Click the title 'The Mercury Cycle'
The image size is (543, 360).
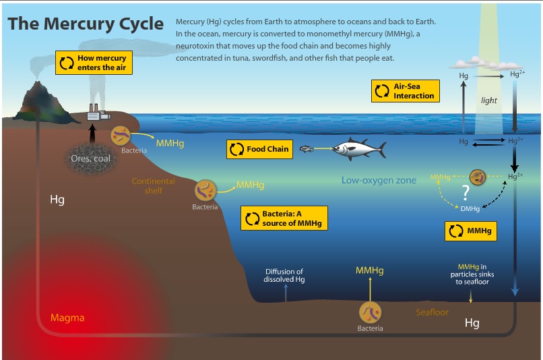[86, 24]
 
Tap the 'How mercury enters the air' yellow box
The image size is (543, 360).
[94, 63]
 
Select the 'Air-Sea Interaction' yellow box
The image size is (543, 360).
[405, 91]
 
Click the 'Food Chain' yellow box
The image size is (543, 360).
[259, 150]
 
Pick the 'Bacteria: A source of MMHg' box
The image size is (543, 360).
[284, 218]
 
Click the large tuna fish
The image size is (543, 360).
[359, 150]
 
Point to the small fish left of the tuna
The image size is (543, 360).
[306, 148]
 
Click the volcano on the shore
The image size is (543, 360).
[44, 102]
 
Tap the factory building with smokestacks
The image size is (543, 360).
[98, 113]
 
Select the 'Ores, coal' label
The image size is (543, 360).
[90, 158]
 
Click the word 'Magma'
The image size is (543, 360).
[67, 318]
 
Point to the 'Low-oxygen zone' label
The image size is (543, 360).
[379, 180]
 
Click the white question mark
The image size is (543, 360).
[466, 192]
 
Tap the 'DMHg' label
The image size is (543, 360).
[470, 208]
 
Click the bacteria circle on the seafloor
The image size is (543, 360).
[370, 312]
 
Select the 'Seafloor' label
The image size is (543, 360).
[433, 312]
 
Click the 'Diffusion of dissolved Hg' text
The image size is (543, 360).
[284, 276]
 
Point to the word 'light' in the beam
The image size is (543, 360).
[488, 100]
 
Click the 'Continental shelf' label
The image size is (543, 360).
[154, 185]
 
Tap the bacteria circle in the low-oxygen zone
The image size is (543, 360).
[478, 177]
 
